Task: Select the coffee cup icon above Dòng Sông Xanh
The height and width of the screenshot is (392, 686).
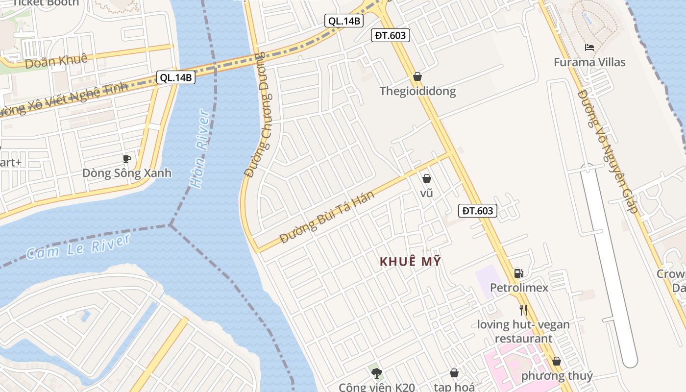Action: pos(127,159)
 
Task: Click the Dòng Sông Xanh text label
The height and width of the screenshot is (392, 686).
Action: pos(127,173)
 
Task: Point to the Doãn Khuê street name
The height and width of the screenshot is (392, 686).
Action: pos(56,61)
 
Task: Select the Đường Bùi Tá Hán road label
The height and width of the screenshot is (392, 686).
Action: pos(327,217)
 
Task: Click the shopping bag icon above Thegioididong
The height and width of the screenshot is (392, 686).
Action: pos(417,76)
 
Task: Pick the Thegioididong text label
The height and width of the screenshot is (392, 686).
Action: pos(417,91)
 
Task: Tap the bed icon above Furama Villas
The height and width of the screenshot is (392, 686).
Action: pos(589,48)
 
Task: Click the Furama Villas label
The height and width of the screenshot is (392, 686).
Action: pos(589,62)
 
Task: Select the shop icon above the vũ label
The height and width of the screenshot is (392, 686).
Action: pos(427,178)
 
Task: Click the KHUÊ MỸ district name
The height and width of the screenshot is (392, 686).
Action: pos(410,262)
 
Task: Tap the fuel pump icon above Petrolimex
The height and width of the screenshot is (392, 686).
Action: pos(518,273)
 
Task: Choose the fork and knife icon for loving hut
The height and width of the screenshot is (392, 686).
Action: pos(523,310)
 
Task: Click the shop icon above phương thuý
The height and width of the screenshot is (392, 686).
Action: pos(557,362)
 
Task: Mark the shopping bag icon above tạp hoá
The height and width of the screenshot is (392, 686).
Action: pos(454,373)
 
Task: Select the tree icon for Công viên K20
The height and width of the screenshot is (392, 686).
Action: pos(376,374)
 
